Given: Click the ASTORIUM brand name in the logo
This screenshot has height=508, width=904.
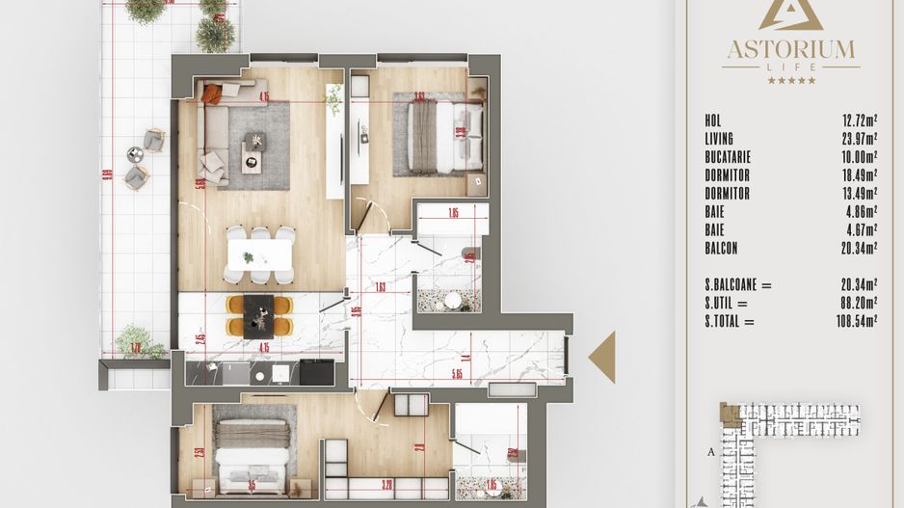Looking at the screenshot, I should point(791,48).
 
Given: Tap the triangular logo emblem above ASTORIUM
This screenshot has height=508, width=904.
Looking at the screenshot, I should point(791,14).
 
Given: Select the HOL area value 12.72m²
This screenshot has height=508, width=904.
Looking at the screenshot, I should point(856,120).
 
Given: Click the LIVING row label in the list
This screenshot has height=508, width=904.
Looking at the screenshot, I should point(719,139).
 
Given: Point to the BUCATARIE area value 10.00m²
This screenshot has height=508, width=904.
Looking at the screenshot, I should point(856,157).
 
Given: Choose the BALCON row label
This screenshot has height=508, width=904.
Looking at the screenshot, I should point(721,249).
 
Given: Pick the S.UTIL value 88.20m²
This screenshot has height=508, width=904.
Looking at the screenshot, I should point(856,303).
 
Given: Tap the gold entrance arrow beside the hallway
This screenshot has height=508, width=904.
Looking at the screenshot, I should point(602,357).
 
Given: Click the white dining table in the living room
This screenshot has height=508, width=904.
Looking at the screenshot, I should point(259,255).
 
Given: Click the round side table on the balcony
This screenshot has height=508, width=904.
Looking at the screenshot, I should point(136,154).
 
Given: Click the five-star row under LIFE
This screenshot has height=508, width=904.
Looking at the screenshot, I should point(791,80).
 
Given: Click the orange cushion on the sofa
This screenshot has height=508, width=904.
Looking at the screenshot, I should point(211,93).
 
